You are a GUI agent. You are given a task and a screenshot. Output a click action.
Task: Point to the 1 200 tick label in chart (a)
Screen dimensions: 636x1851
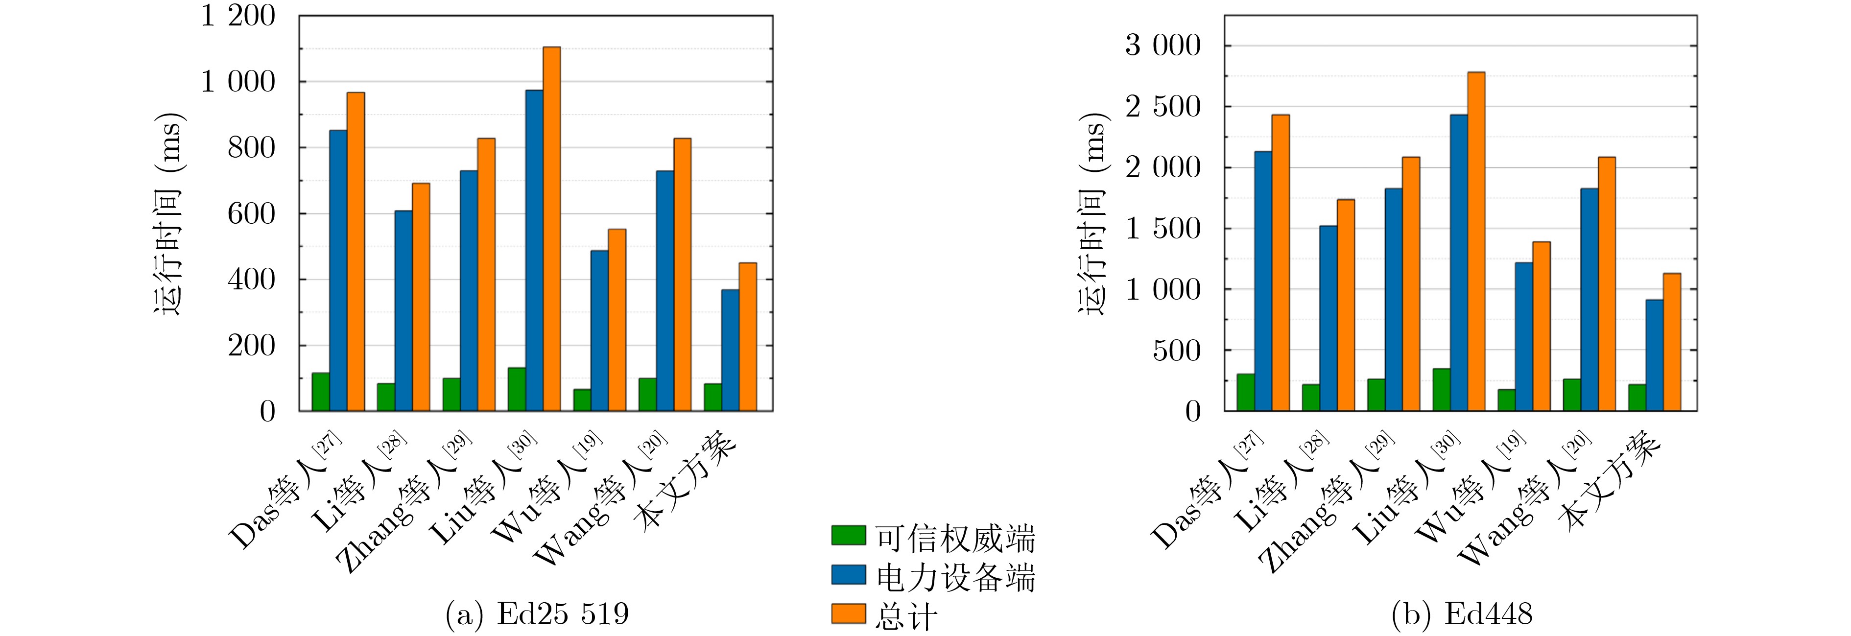[x=237, y=16]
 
